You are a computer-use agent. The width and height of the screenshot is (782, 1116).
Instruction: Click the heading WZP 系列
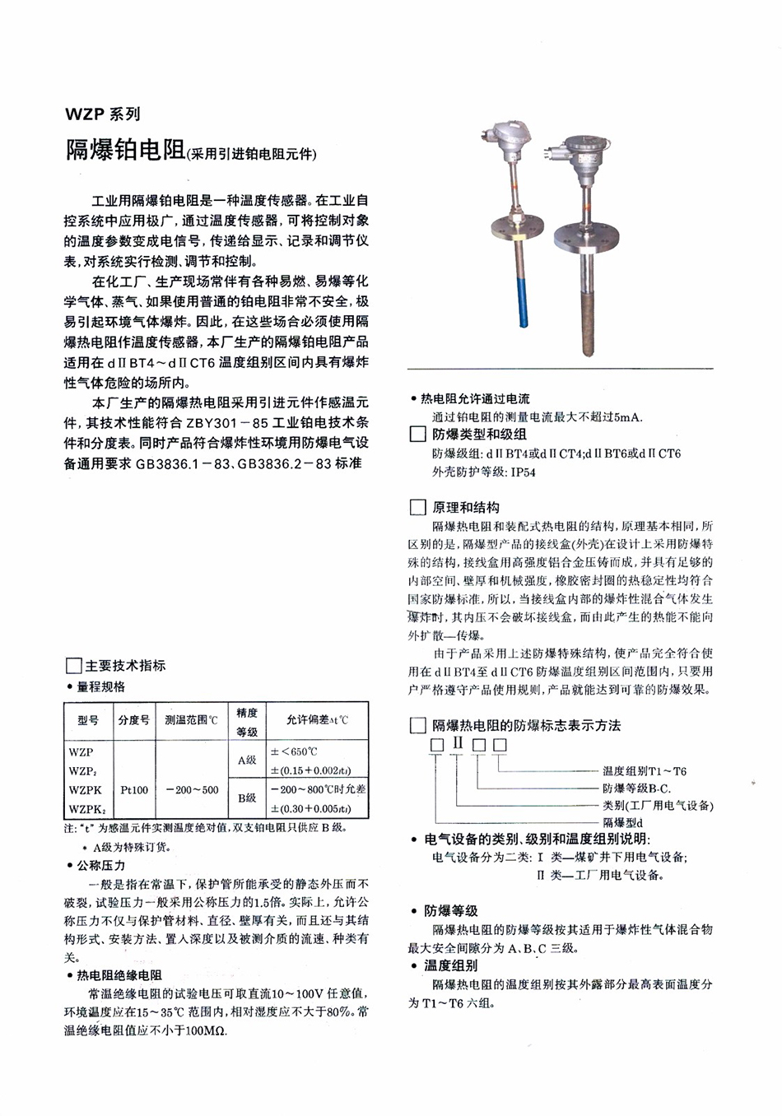tap(103, 114)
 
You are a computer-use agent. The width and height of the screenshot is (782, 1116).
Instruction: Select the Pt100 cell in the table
tap(134, 789)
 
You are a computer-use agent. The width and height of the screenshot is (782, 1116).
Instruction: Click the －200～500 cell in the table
tap(193, 789)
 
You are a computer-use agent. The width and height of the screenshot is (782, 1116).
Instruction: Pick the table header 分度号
tap(134, 720)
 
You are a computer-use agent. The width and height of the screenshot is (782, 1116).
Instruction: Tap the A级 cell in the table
tap(247, 760)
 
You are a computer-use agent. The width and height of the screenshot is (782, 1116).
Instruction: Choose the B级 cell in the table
tap(247, 798)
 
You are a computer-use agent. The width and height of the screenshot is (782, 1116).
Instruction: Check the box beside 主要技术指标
tap(73, 666)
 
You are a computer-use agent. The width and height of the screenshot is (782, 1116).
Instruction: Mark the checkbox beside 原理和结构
tap(417, 507)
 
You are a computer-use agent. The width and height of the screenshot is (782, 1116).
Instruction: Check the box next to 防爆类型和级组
tap(417, 434)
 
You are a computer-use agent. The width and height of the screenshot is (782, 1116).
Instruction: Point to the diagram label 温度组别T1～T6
tap(644, 771)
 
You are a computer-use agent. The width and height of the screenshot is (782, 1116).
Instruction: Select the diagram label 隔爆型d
tap(622, 822)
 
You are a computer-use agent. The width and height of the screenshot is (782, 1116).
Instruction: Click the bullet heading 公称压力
tap(100, 865)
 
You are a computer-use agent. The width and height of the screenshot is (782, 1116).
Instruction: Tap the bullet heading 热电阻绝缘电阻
tap(119, 975)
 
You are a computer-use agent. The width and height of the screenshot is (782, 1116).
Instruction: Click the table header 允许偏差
tap(317, 720)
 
